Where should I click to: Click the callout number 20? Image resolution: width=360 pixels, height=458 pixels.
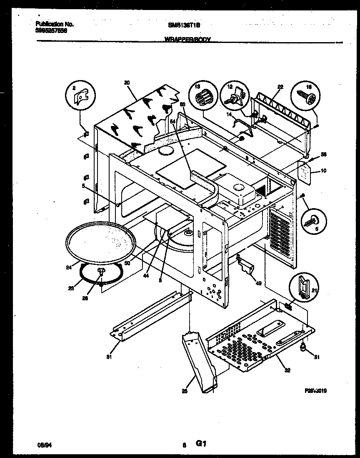[127, 83]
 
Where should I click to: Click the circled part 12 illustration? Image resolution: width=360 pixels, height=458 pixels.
[233, 96]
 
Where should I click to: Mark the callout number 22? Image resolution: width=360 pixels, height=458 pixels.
[280, 87]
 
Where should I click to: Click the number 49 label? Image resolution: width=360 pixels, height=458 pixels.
[258, 284]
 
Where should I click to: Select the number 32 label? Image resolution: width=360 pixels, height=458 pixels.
[287, 370]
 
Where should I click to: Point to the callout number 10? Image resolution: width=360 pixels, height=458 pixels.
[324, 170]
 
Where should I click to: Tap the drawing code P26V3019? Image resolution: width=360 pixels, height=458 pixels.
[315, 391]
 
